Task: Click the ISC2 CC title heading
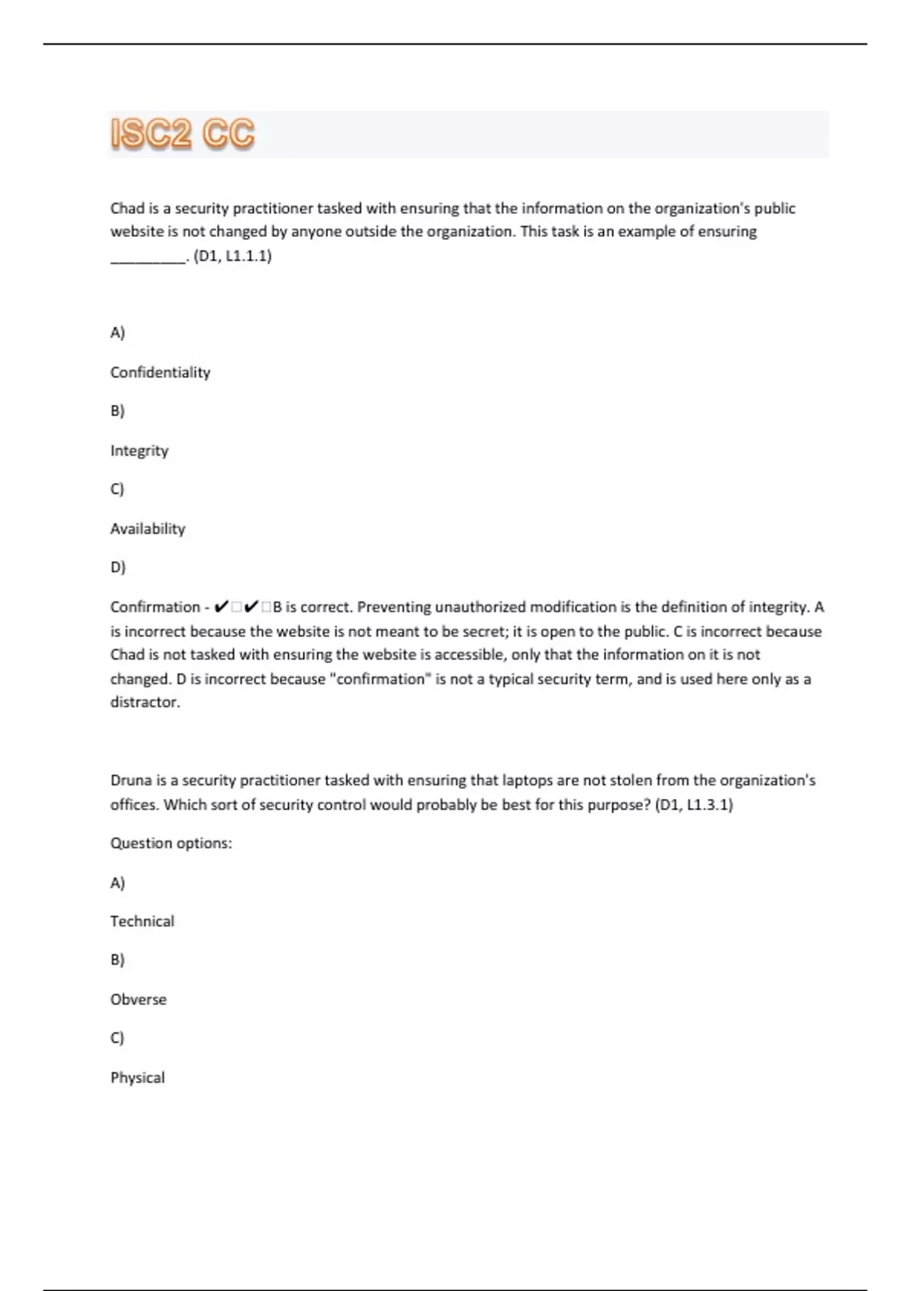coord(182,134)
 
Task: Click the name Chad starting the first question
coord(127,208)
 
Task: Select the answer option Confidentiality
coord(160,372)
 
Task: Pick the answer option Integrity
coord(139,450)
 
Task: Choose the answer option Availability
coord(147,529)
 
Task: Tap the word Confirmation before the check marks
coord(155,607)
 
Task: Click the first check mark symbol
coord(221,607)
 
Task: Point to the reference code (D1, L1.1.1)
coord(232,255)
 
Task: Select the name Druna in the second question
coord(131,780)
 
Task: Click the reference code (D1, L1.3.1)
coord(693,804)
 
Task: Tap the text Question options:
coord(171,843)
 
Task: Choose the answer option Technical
coord(142,921)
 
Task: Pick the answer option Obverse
coord(138,999)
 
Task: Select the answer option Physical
coord(137,1078)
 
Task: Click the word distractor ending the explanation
coord(145,702)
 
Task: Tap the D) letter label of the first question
coord(118,567)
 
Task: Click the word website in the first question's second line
coord(134,232)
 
